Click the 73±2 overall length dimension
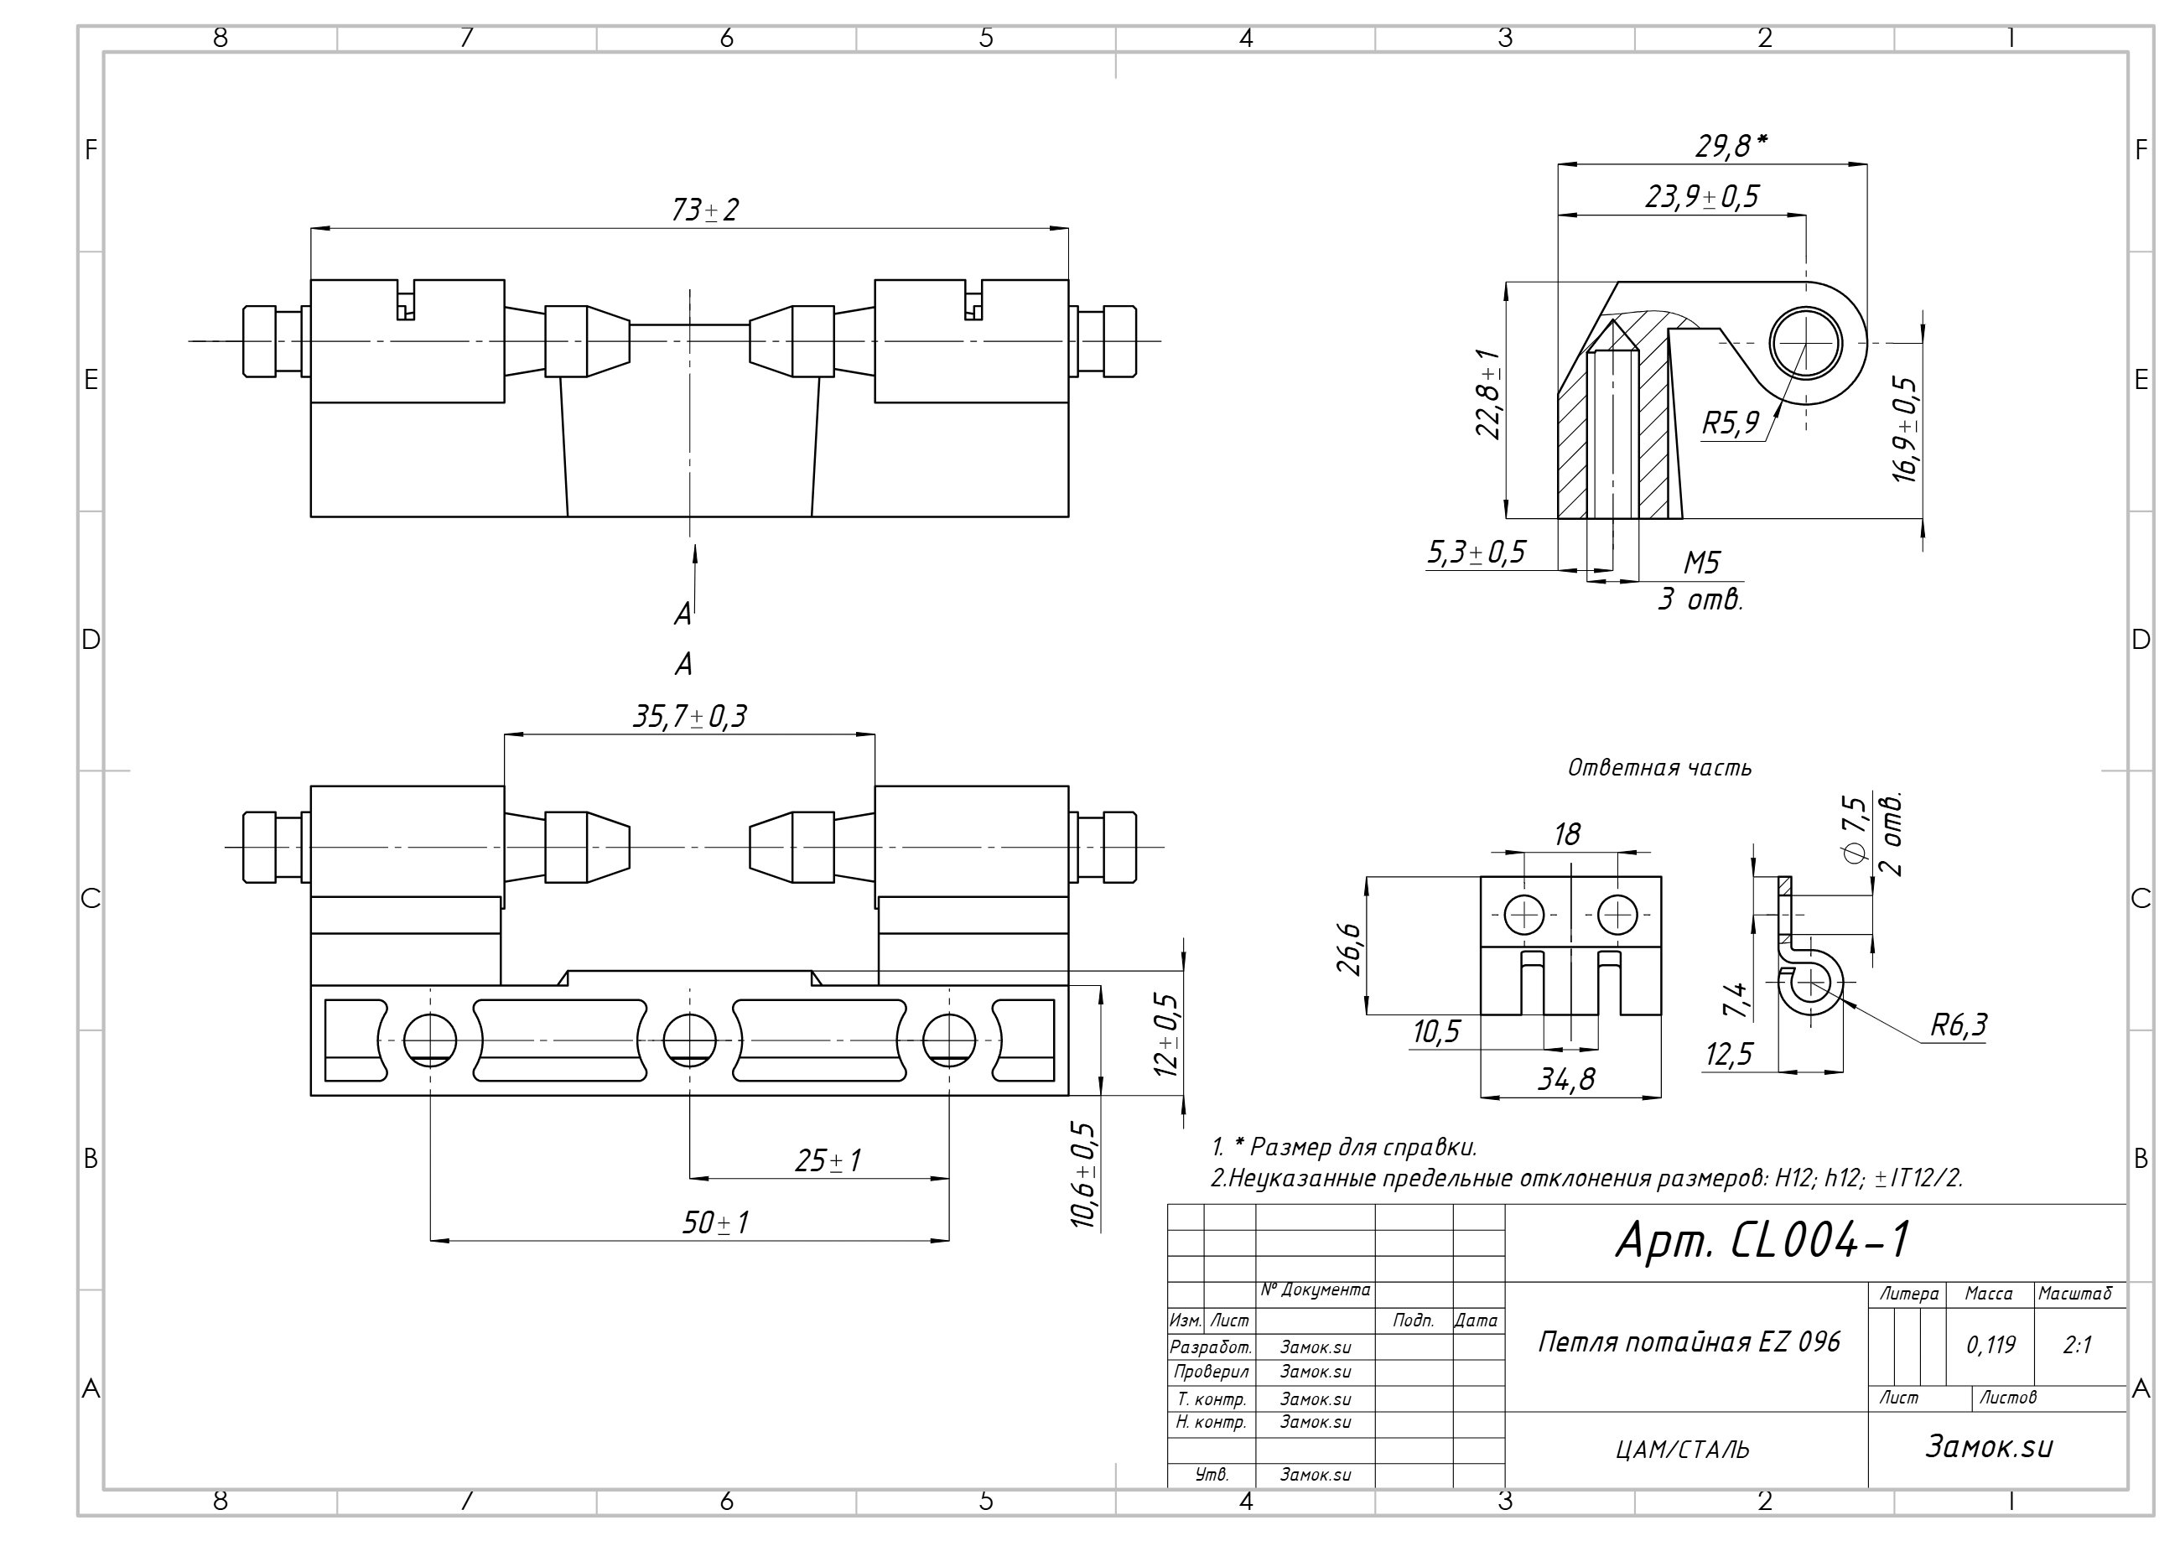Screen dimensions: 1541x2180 [x=704, y=210]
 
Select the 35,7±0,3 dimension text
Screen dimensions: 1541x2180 [x=690, y=717]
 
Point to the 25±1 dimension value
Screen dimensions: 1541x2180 [x=828, y=1160]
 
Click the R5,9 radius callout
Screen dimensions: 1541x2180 [x=1730, y=423]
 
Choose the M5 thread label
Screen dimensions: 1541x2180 [x=1701, y=563]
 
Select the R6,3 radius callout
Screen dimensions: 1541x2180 [x=1958, y=1025]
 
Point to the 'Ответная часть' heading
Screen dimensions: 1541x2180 [x=1659, y=767]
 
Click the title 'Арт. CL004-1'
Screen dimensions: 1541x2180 [x=1762, y=1239]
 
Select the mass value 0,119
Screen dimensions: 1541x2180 [x=1991, y=1345]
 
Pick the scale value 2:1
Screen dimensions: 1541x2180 [x=2078, y=1345]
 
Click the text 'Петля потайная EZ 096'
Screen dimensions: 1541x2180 [x=1688, y=1341]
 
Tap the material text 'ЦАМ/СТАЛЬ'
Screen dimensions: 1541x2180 [x=1681, y=1450]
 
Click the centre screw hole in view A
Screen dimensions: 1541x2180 [x=689, y=1040]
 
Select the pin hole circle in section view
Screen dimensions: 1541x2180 [x=1805, y=343]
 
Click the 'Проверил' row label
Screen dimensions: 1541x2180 [x=1211, y=1372]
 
